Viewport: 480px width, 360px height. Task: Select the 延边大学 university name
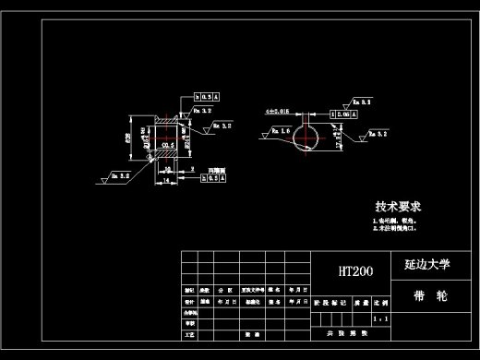(x=426, y=265)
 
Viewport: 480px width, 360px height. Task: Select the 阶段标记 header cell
(x=329, y=302)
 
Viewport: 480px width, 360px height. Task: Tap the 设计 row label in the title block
(x=189, y=302)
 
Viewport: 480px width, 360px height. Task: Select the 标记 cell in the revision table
(x=189, y=290)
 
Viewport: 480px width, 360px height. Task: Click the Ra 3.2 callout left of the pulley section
(x=120, y=173)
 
